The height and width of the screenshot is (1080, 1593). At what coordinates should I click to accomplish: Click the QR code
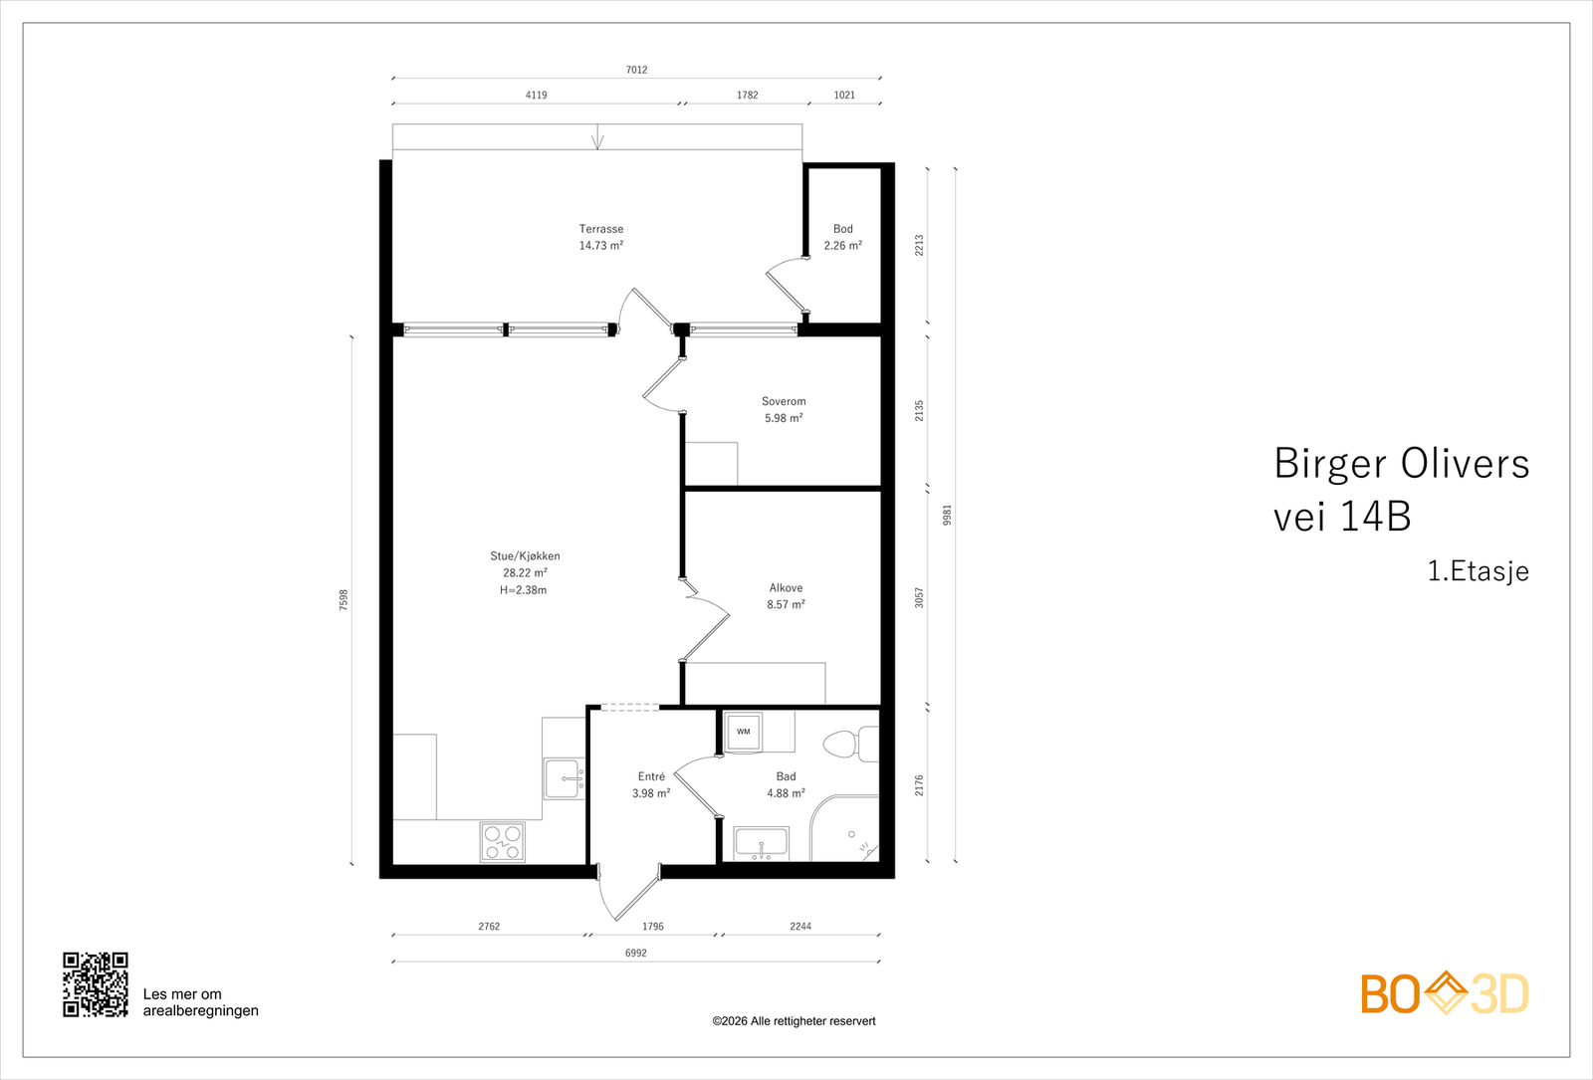tap(96, 984)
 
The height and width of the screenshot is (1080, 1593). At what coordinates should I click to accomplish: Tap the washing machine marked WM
tap(743, 732)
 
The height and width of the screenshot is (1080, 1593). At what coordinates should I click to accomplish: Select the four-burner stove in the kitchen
tap(502, 841)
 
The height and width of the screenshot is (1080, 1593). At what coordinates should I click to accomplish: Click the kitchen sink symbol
tap(564, 778)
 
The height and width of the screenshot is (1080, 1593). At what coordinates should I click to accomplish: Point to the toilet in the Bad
tap(849, 745)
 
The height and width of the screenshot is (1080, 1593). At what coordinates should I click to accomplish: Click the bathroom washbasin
tap(761, 843)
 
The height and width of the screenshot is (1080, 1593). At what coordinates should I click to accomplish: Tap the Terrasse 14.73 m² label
tap(601, 237)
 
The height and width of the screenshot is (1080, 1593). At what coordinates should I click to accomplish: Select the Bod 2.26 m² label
tap(842, 237)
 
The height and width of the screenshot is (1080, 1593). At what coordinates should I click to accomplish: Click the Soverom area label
tap(784, 410)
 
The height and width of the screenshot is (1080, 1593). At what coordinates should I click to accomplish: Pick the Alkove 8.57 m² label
tap(786, 596)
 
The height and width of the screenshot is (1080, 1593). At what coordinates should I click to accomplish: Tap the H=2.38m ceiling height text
tap(523, 590)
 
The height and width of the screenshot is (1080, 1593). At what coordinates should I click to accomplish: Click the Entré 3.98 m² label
tap(651, 784)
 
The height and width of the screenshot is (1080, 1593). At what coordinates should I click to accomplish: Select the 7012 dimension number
tap(636, 70)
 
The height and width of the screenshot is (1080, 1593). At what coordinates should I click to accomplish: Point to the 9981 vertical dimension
tap(948, 515)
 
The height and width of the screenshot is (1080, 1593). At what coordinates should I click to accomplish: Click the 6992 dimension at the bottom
tap(635, 953)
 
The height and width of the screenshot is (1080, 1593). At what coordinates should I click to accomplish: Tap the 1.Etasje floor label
tap(1478, 571)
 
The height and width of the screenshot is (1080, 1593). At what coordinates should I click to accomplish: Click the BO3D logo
tap(1444, 993)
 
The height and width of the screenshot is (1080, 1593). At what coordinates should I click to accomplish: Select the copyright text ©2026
tap(794, 1021)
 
